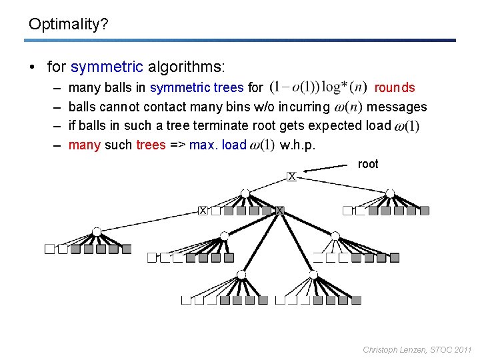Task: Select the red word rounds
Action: [395, 88]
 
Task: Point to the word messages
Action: [397, 107]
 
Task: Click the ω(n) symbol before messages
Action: [348, 107]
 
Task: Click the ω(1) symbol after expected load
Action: [407, 126]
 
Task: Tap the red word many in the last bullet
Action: [84, 145]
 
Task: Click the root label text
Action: [368, 164]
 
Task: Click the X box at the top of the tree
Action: [291, 177]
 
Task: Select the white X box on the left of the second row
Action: [203, 211]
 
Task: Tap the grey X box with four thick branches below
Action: [280, 211]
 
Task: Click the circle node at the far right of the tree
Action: [391, 193]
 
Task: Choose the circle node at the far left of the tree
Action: [97, 231]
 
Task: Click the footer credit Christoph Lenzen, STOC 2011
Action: [417, 349]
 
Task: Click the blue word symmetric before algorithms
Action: [107, 67]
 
